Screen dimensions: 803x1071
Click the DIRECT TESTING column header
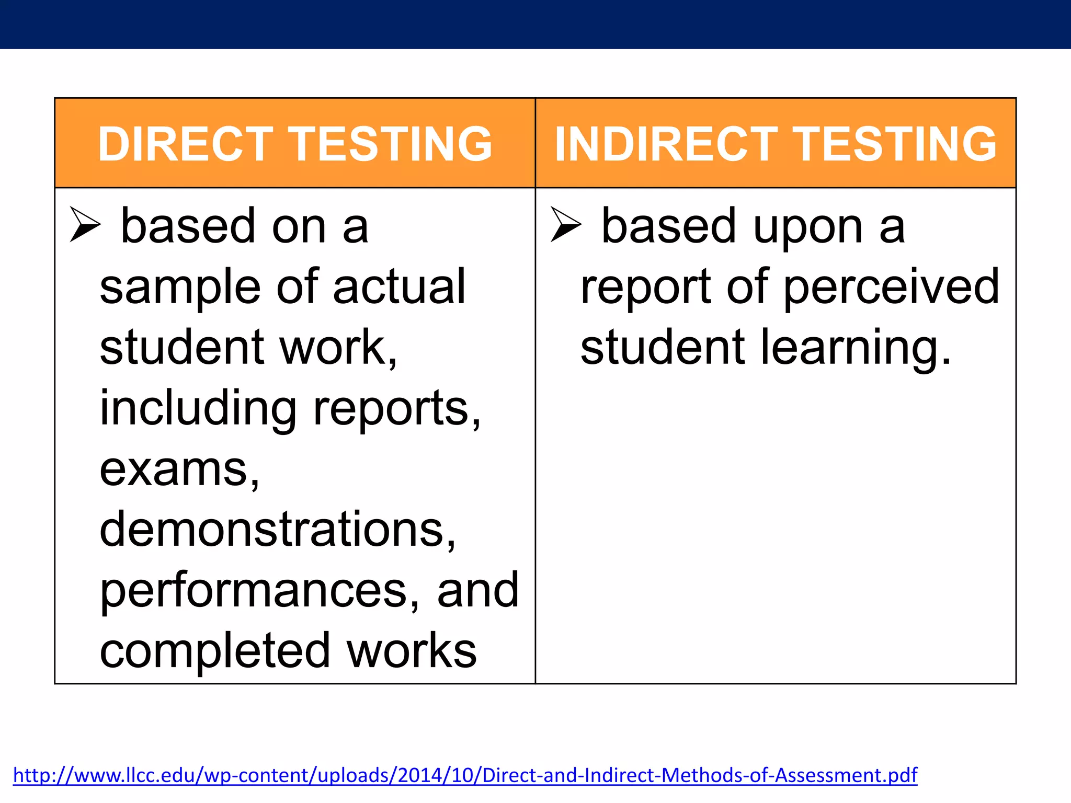coord(295,144)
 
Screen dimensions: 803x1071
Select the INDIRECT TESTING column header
coord(776,144)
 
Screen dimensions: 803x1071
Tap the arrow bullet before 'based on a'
coord(85,224)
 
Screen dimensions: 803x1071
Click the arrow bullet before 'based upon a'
coord(566,224)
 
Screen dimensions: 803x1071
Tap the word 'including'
coord(198,409)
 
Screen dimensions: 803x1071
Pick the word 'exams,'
coord(179,470)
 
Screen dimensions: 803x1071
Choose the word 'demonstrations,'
coord(278,530)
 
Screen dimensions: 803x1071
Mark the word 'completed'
coord(215,652)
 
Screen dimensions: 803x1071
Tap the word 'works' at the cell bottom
coord(412,651)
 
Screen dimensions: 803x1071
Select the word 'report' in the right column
coord(645,288)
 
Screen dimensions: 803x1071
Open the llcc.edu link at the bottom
coord(465,775)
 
